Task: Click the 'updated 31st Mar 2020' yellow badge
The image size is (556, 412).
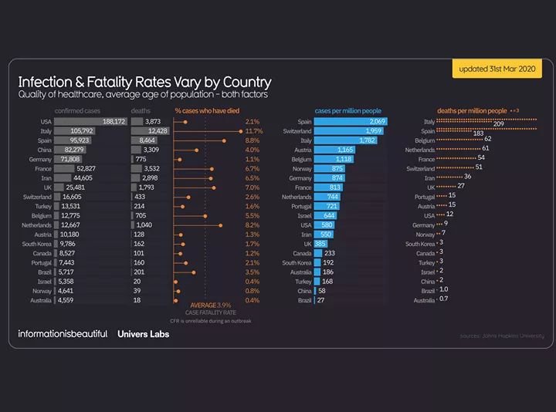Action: (x=497, y=69)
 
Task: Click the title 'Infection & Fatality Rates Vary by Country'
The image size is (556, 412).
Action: (x=144, y=82)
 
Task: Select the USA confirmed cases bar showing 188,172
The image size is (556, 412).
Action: (x=91, y=122)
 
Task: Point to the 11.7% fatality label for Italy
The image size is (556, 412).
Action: (x=254, y=131)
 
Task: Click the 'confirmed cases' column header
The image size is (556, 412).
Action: (x=77, y=111)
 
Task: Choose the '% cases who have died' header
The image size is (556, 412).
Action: (x=207, y=111)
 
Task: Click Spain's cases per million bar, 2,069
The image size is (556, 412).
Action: (x=351, y=122)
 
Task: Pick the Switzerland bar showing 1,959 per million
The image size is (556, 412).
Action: (x=348, y=131)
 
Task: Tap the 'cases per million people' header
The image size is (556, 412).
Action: (x=347, y=111)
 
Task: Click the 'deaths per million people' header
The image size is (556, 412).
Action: (x=472, y=111)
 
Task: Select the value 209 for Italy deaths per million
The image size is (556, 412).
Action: (x=499, y=124)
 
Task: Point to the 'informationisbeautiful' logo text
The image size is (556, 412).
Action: (x=63, y=333)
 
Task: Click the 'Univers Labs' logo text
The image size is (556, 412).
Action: (x=143, y=333)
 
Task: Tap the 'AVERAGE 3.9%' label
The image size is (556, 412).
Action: (x=205, y=305)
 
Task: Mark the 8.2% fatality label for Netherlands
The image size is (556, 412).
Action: (x=253, y=225)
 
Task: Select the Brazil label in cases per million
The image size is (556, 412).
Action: (x=303, y=300)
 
